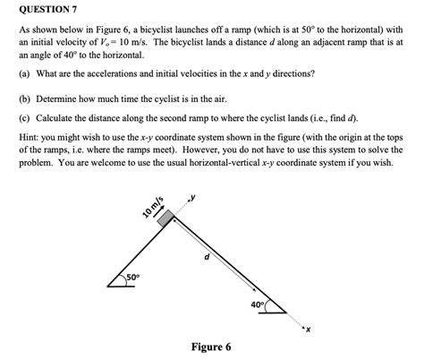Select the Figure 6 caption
click(211, 347)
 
